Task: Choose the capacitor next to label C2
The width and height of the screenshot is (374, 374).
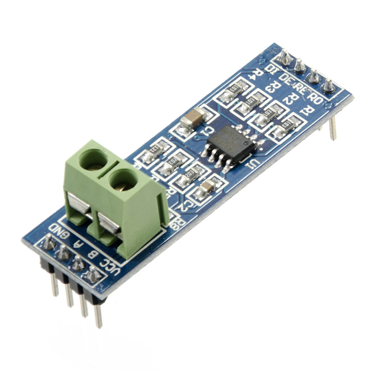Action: click(207, 187)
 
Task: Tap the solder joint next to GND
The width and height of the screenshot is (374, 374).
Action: click(48, 243)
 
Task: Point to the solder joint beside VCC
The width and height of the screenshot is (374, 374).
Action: click(92, 275)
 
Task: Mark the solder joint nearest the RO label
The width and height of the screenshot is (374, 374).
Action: click(328, 86)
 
